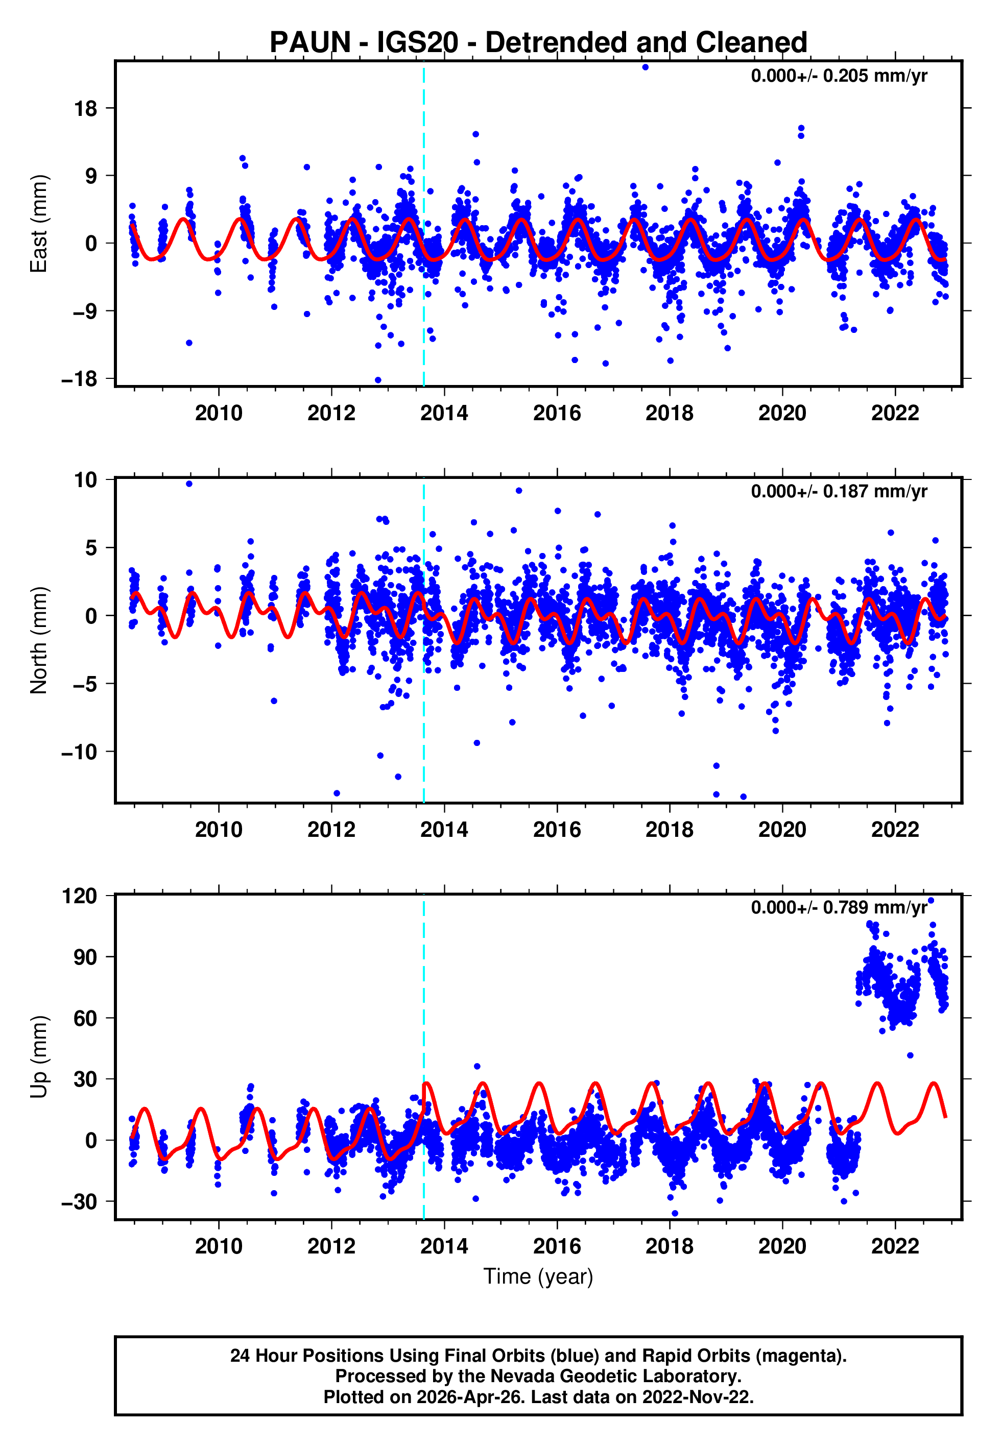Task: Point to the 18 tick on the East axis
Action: [x=86, y=109]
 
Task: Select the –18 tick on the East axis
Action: [x=80, y=380]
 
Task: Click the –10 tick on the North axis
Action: [x=80, y=751]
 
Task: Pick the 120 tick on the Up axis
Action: [x=80, y=896]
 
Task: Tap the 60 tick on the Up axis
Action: [x=86, y=1018]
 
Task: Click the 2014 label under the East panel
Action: [x=444, y=413]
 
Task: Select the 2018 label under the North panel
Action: [x=669, y=830]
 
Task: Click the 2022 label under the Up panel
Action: [x=895, y=1246]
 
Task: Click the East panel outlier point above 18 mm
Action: [x=646, y=67]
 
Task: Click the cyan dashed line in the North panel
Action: [x=424, y=690]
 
